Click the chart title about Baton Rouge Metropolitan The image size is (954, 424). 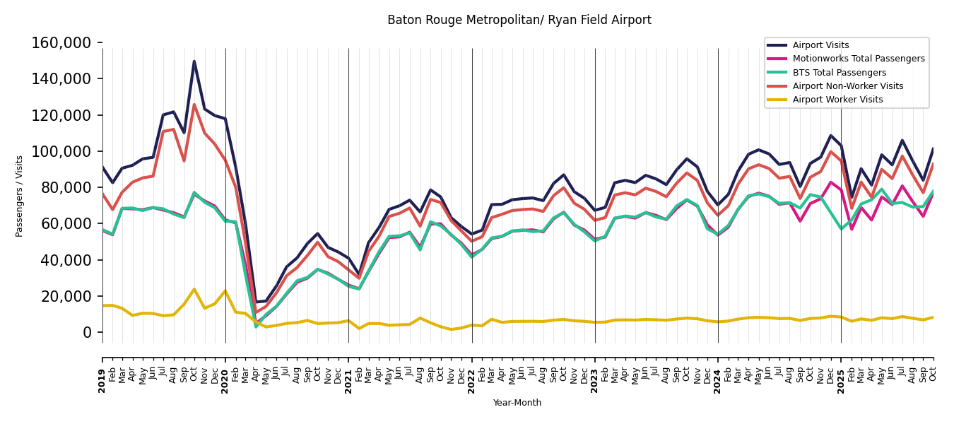click(519, 20)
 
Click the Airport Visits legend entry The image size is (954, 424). click(820, 45)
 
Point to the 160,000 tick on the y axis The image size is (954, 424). click(61, 43)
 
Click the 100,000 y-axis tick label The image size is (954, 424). click(61, 151)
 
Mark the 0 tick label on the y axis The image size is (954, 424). click(88, 332)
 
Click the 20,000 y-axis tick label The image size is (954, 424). click(66, 296)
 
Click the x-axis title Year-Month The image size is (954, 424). click(517, 403)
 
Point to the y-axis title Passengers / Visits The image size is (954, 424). click(20, 196)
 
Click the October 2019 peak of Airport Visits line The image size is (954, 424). click(194, 61)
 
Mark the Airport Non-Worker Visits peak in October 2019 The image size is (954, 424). click(194, 105)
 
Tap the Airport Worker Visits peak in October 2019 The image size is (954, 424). click(194, 289)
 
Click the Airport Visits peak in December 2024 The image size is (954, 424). click(831, 136)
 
